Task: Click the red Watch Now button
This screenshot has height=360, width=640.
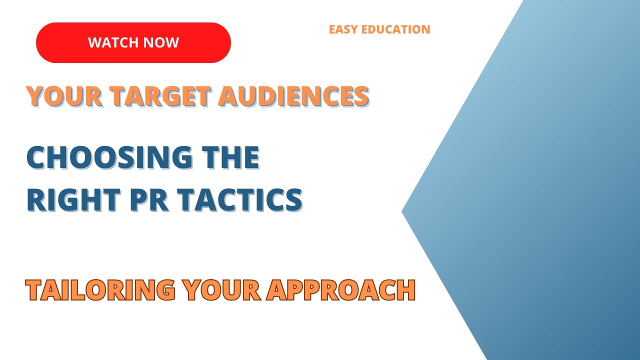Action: pos(133,42)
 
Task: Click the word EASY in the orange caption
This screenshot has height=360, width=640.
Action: pos(342,29)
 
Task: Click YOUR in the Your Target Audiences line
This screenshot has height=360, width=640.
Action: pos(55,96)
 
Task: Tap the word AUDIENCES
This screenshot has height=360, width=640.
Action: pos(294,96)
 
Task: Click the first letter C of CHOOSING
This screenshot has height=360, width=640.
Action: pos(35,158)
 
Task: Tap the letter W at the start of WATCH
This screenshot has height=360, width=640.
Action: pos(94,42)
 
